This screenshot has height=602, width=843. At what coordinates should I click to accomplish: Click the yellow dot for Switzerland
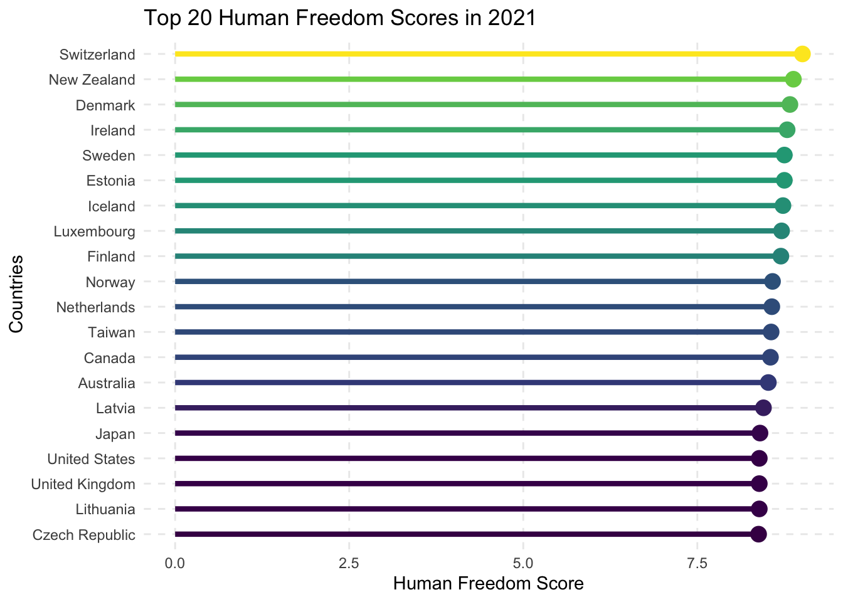[x=802, y=55]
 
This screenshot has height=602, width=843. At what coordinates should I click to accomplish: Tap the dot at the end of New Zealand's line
[x=793, y=80]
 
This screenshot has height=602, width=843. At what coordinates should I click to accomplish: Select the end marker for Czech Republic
[x=758, y=534]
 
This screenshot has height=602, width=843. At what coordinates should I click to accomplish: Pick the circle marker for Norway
[x=773, y=282]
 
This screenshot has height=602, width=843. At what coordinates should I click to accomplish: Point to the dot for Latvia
[x=763, y=408]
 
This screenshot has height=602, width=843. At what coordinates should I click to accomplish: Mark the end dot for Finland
[x=781, y=256]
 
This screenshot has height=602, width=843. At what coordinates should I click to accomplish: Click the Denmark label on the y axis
[x=105, y=105]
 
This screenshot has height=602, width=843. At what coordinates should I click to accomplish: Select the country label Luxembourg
[x=95, y=231]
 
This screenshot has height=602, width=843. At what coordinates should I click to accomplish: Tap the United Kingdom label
[x=83, y=484]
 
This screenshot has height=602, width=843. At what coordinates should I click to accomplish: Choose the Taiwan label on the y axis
[x=112, y=332]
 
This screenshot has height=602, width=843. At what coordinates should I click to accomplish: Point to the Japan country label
[x=115, y=433]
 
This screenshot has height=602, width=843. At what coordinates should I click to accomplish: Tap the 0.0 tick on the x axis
[x=175, y=563]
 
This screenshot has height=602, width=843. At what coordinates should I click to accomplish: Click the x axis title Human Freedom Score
[x=488, y=584]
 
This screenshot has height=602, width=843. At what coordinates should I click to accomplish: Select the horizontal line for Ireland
[x=477, y=130]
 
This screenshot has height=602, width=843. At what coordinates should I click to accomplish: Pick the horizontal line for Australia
[x=470, y=383]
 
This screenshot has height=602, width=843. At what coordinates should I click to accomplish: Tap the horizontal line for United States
[x=464, y=458]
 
